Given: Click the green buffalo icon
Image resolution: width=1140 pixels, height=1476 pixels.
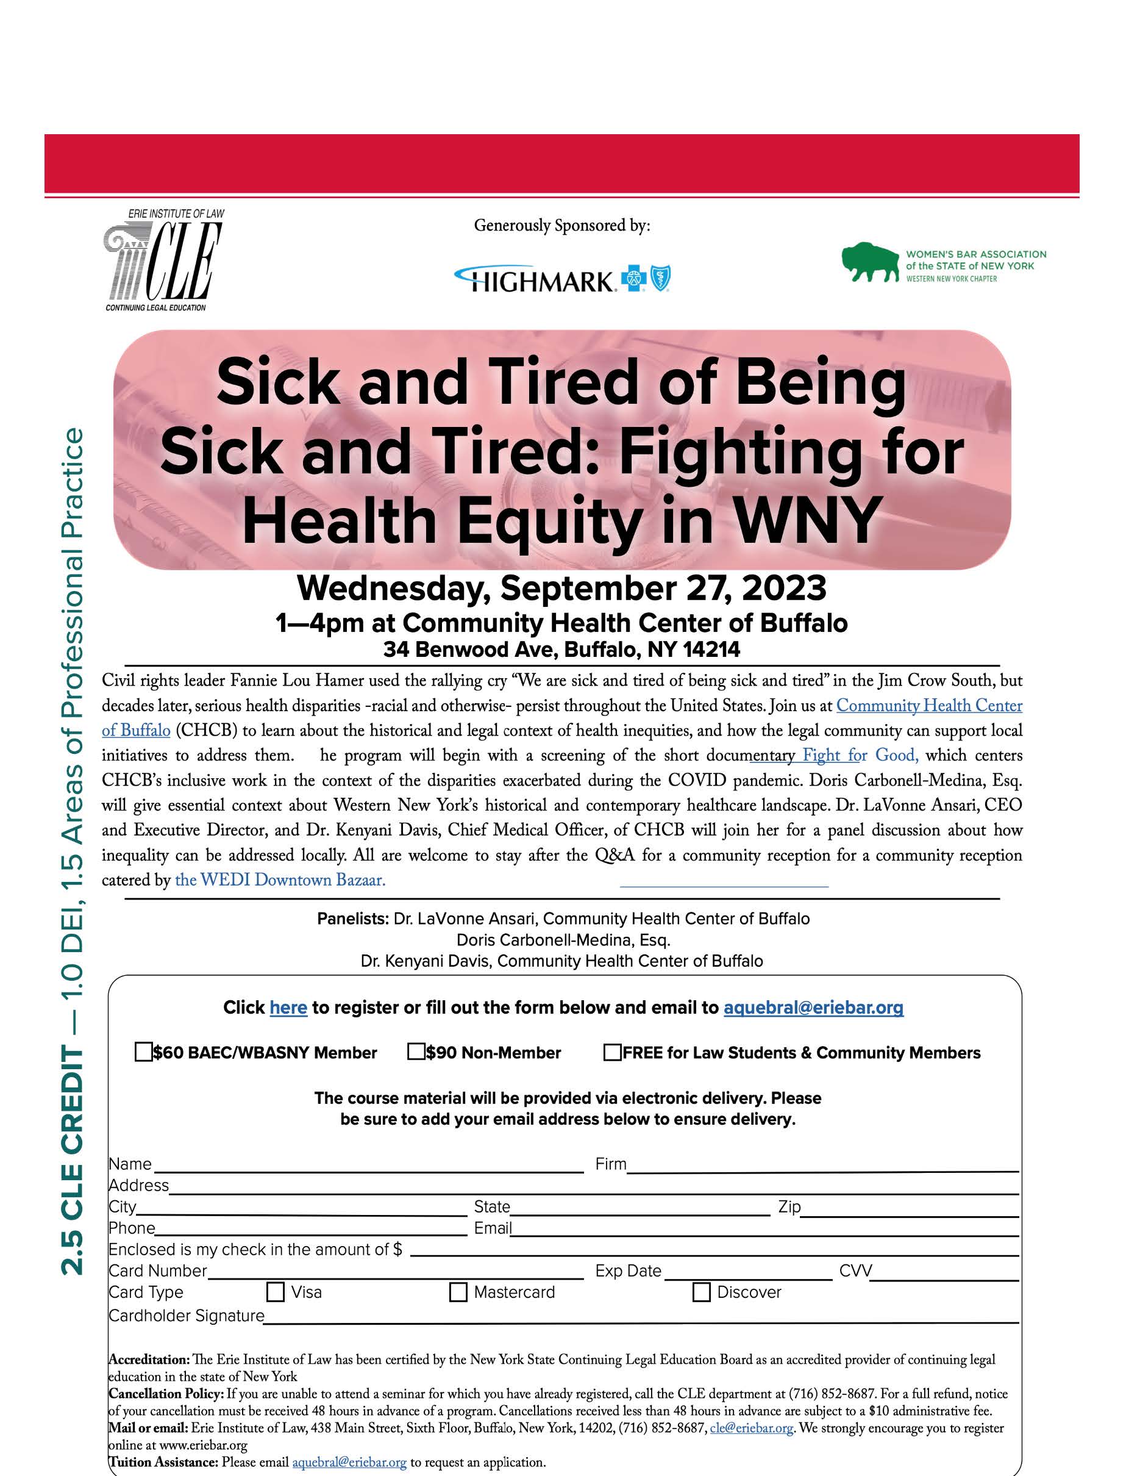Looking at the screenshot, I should [x=870, y=262].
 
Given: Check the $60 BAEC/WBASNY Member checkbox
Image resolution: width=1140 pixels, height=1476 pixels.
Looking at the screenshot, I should [x=143, y=1052].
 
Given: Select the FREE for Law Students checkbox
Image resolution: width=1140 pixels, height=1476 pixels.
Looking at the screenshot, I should [x=612, y=1052].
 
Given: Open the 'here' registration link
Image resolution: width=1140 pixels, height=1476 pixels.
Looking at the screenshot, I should [x=288, y=1008].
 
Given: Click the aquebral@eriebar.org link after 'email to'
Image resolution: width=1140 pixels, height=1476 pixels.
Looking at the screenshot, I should [x=813, y=1008].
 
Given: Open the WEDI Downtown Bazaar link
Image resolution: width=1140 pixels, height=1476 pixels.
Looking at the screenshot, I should [x=280, y=880].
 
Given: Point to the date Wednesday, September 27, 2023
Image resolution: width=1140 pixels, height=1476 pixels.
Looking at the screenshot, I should [x=561, y=588].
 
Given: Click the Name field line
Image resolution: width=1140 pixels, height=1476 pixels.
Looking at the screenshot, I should [x=368, y=1169].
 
